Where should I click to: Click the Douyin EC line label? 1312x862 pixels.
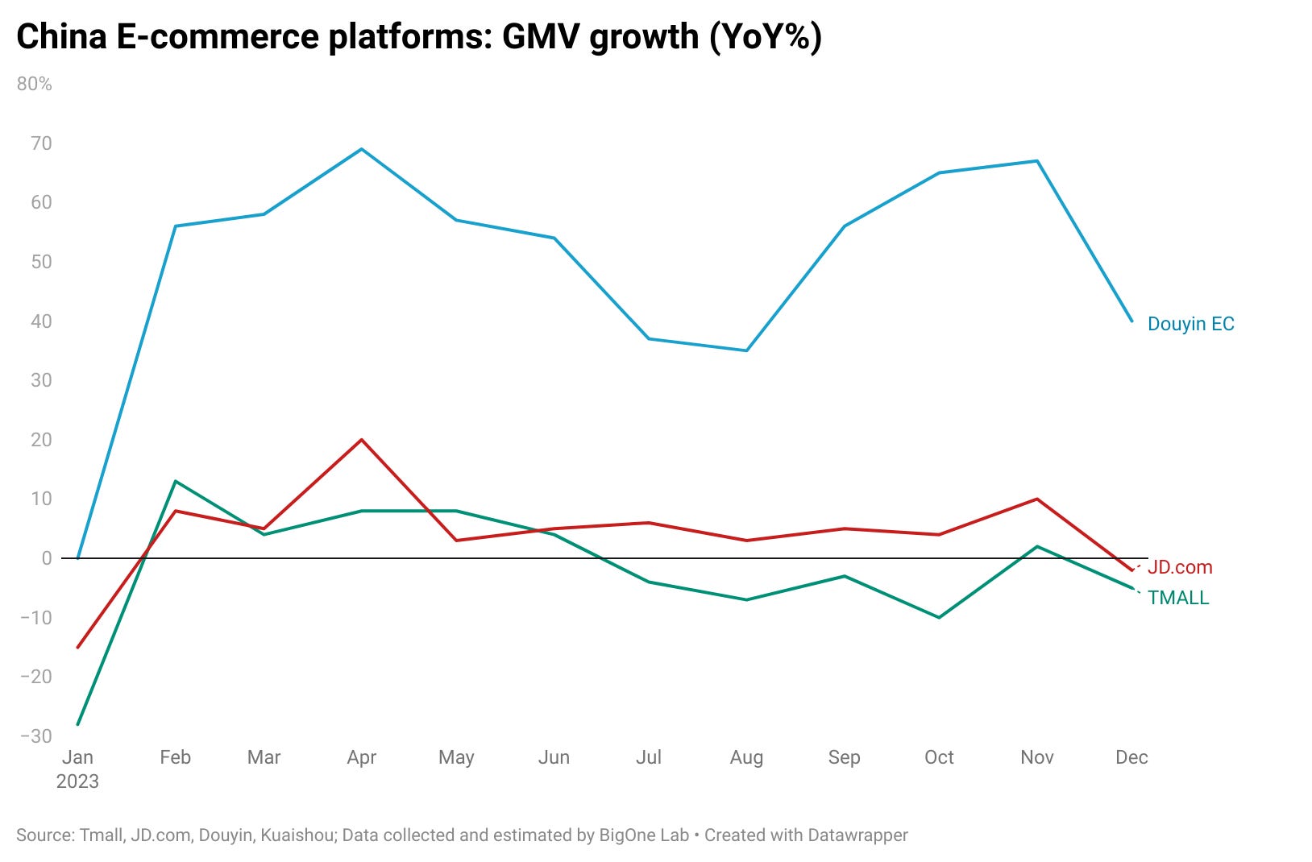pos(1190,324)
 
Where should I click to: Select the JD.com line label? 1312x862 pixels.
pos(1180,567)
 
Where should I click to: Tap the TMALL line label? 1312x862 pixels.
pos(1178,598)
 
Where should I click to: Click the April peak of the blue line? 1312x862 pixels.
pos(362,149)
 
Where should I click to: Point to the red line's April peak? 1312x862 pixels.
pos(362,440)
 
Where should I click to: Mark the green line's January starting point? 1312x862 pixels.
pos(77,724)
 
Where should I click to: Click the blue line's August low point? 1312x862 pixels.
pos(746,350)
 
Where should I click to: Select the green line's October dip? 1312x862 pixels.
pos(939,617)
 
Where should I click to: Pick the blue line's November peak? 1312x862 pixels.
pos(1037,161)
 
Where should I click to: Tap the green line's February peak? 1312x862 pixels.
pos(175,481)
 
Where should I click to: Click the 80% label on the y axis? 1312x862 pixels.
pos(34,84)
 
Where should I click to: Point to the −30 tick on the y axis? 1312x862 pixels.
pos(35,736)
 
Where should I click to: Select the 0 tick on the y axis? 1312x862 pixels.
pos(46,558)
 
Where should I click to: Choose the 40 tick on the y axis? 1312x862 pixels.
pos(41,321)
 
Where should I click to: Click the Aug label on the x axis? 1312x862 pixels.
pos(746,757)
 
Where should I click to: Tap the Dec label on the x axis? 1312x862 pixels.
pos(1131,757)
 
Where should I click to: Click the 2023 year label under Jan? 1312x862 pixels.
pos(77,781)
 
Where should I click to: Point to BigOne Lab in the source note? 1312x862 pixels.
pos(644,835)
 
